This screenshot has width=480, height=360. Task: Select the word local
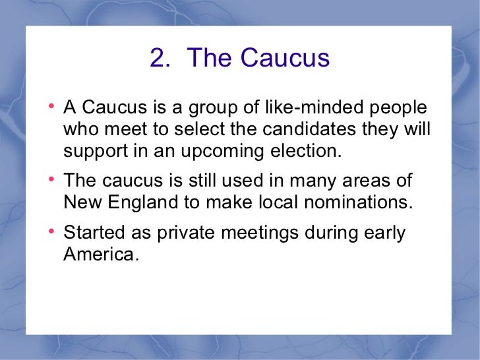280,202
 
